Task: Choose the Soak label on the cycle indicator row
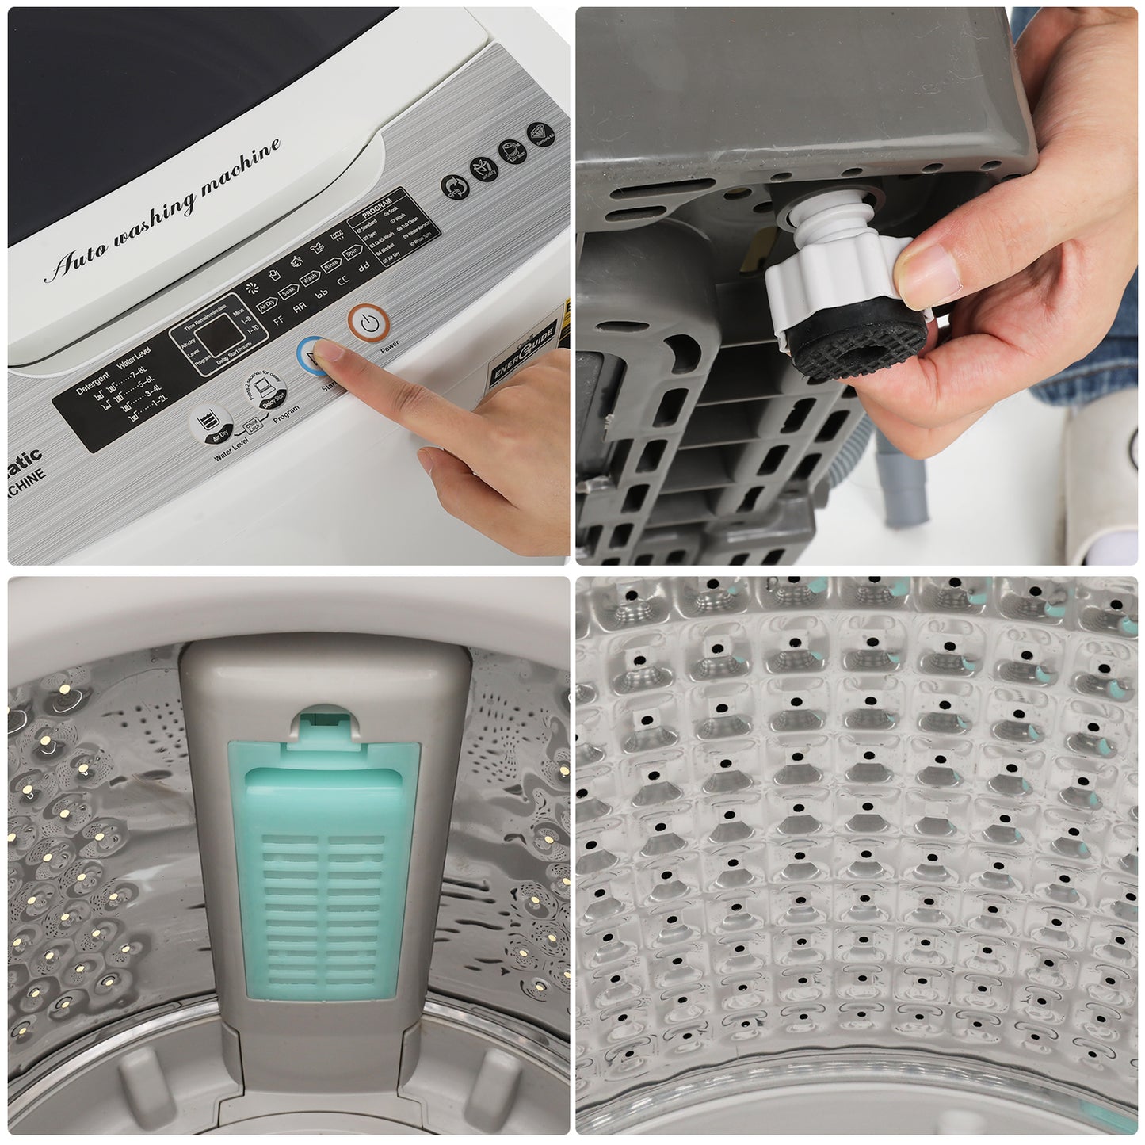coord(288,291)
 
